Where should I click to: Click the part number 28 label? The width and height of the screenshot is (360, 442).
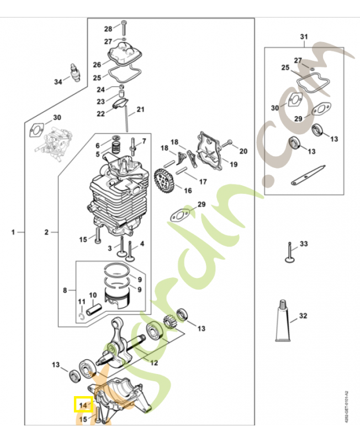(108, 28)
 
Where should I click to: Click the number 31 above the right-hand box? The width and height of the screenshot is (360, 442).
(303, 37)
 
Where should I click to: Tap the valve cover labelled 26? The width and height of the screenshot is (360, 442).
(125, 55)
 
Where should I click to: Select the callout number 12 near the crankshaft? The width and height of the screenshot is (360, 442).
(154, 363)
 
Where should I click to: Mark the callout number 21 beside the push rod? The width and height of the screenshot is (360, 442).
(140, 109)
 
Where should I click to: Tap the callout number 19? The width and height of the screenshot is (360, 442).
(233, 164)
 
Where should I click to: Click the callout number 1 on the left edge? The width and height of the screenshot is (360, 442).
(13, 233)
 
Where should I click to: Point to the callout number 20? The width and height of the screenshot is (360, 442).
(243, 151)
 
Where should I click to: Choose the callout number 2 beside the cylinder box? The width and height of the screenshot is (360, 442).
(47, 233)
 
